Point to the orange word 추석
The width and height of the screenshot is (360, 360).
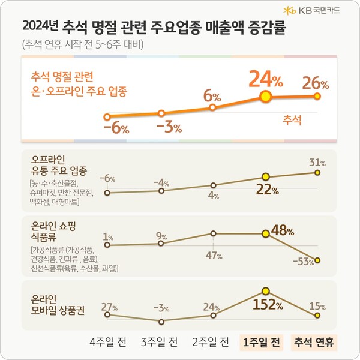tap(292, 119)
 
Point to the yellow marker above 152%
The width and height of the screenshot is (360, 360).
tap(266, 291)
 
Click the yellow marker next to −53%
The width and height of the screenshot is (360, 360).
tap(317, 260)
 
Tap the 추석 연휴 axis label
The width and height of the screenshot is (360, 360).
tap(315, 343)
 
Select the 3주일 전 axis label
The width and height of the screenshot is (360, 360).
tap(159, 343)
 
